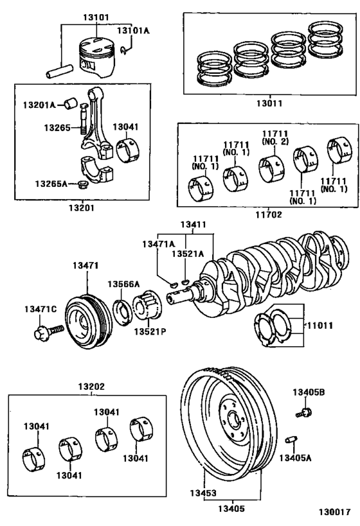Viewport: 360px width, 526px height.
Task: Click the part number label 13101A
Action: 132,30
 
